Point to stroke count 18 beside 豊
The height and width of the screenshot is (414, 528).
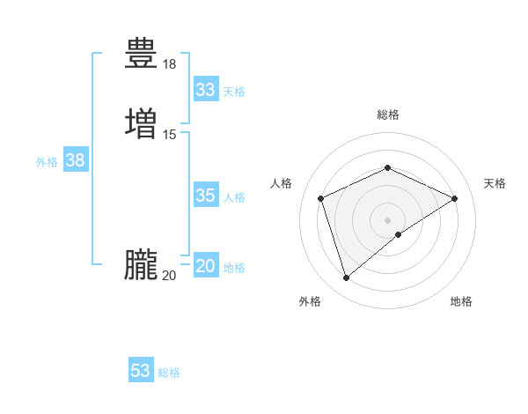[170, 64]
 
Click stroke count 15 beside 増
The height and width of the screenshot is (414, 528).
[170, 134]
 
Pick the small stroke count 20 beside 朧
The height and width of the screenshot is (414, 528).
[170, 276]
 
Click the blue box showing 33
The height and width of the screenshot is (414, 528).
[206, 90]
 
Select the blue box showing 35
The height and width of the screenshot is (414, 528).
[206, 196]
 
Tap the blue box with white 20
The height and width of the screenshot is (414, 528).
[206, 266]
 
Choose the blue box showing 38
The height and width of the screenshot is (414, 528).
[76, 160]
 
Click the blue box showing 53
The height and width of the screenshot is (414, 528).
[141, 371]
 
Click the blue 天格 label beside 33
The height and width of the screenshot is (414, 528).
[234, 92]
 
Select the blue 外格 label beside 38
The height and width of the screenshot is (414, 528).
[47, 162]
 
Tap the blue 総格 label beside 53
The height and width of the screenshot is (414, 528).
[169, 373]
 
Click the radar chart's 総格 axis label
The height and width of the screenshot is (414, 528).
[388, 115]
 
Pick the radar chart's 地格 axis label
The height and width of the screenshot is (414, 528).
[461, 302]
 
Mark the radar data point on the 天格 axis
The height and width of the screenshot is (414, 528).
[455, 198]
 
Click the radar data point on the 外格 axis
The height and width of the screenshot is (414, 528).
[346, 278]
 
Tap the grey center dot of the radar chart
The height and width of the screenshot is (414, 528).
[388, 219]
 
